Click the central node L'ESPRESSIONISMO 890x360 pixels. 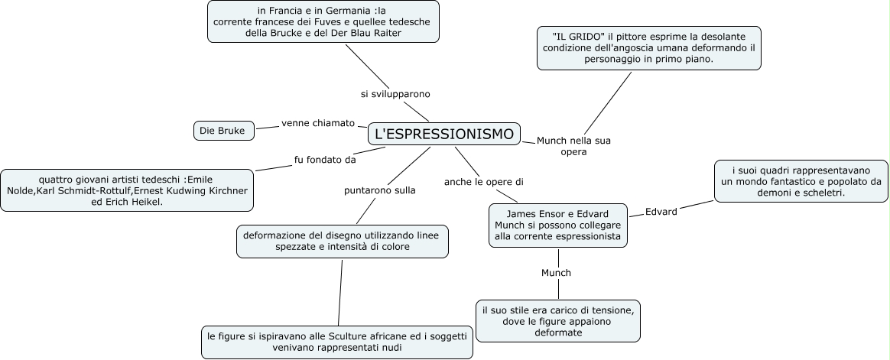[x=444, y=134]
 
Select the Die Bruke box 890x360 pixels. [x=222, y=131]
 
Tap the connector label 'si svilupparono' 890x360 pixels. [x=395, y=94]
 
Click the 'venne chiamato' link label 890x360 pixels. [x=318, y=122]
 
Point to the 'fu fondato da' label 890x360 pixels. [x=325, y=160]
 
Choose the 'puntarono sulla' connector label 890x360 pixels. [x=379, y=190]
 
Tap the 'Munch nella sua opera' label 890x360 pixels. [x=573, y=146]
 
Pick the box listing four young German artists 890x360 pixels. [x=127, y=190]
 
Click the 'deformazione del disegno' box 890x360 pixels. [x=341, y=241]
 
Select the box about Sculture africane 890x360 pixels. [x=336, y=341]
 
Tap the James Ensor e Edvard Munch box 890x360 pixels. [x=557, y=225]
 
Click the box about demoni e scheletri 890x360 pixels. [x=801, y=180]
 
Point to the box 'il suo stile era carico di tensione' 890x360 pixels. [x=557, y=320]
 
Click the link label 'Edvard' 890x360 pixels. [x=661, y=212]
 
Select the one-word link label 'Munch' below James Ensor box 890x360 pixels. [x=556, y=272]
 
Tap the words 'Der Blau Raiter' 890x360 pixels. [x=393, y=33]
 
